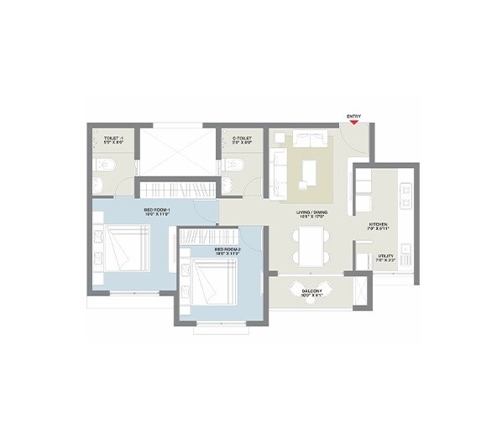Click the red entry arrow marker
point(354,123)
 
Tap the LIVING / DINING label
point(310,213)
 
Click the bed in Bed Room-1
point(128,248)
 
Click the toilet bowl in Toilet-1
point(100,184)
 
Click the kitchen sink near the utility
point(405,248)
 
